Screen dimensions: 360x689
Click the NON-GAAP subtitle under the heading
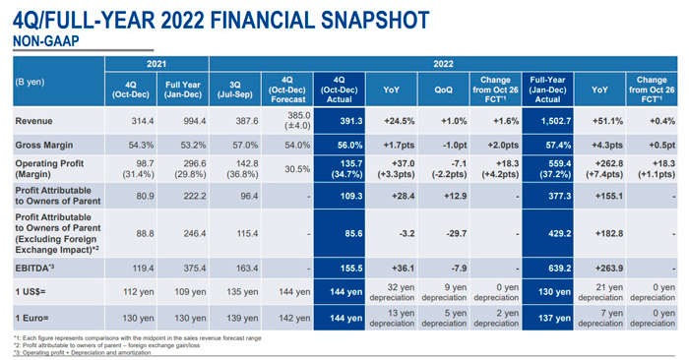click(45, 40)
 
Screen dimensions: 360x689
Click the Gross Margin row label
click(44, 144)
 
